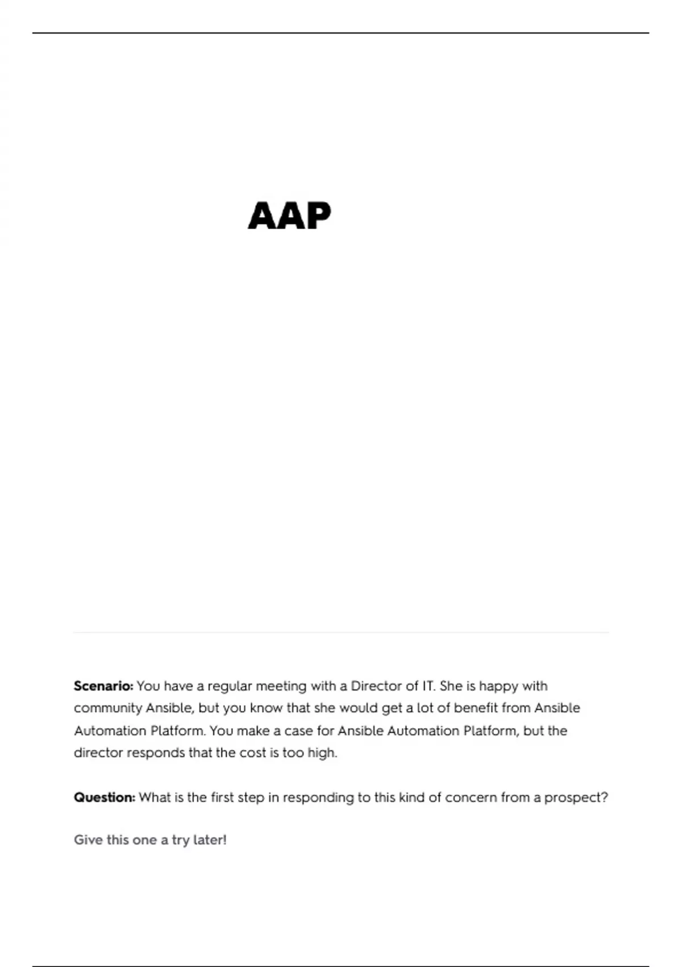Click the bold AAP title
pos(289,216)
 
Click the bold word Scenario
pos(103,686)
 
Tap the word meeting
pos(281,687)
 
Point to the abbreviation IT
pos(428,686)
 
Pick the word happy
pos(498,687)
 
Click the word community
pos(107,709)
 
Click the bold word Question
pos(105,798)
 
